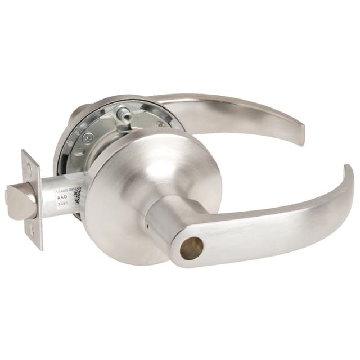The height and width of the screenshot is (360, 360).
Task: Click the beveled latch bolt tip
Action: tap(16, 202)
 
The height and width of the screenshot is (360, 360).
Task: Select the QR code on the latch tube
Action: tap(78, 196)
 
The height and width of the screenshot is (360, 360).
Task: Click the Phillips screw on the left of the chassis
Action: tap(86, 137)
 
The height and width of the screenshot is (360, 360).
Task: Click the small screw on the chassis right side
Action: tap(161, 123)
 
